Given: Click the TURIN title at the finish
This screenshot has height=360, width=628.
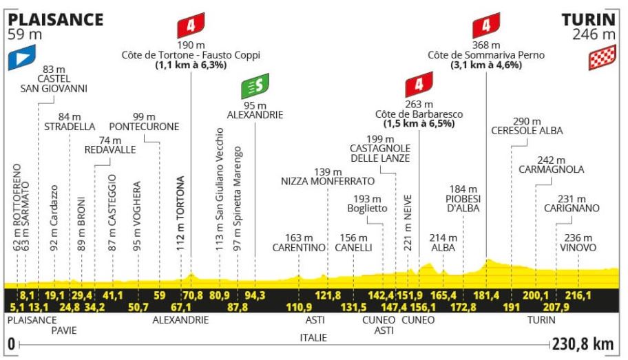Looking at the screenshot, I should click(x=589, y=19).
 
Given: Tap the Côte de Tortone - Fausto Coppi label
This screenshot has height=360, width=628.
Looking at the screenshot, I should click(x=190, y=55).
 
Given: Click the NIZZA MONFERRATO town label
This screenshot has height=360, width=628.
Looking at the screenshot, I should click(x=328, y=182).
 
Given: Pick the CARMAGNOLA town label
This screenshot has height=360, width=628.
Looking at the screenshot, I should click(x=552, y=169).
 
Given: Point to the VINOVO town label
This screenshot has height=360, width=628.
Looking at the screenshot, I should click(x=578, y=247).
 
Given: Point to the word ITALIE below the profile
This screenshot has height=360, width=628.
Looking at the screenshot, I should click(x=313, y=337).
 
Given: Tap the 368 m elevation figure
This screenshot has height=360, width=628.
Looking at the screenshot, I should click(x=486, y=44).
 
